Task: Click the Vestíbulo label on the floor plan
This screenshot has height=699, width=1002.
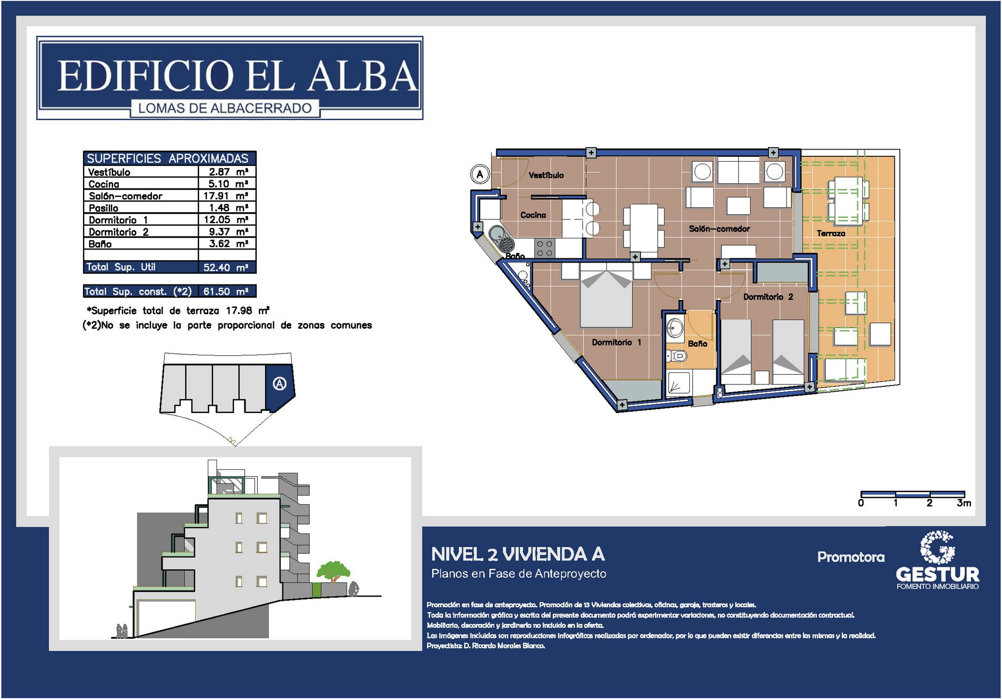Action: click(x=546, y=175)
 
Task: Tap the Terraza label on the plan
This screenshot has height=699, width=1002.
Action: click(x=831, y=233)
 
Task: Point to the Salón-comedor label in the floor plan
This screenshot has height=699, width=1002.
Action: click(x=719, y=229)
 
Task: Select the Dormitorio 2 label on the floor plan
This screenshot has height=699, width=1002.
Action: click(x=768, y=297)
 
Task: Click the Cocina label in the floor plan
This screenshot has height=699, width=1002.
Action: click(x=533, y=215)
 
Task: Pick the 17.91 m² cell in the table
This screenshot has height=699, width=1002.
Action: click(x=226, y=196)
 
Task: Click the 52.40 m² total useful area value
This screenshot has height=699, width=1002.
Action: click(x=226, y=267)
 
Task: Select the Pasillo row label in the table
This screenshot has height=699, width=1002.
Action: click(x=103, y=208)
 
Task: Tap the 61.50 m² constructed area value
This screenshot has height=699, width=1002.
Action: click(x=226, y=291)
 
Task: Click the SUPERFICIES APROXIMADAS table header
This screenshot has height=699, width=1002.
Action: click(x=168, y=158)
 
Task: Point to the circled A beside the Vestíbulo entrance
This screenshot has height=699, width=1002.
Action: click(x=480, y=174)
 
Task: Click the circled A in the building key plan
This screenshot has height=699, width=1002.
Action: click(x=280, y=384)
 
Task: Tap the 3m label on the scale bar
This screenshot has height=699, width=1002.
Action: click(x=964, y=503)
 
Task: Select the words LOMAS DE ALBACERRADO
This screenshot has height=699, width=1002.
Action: click(x=225, y=108)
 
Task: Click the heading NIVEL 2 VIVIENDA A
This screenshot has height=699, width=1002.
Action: click(x=518, y=554)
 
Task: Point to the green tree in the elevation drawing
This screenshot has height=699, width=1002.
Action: click(x=334, y=571)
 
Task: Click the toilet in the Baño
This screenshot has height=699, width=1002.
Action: click(x=676, y=356)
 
